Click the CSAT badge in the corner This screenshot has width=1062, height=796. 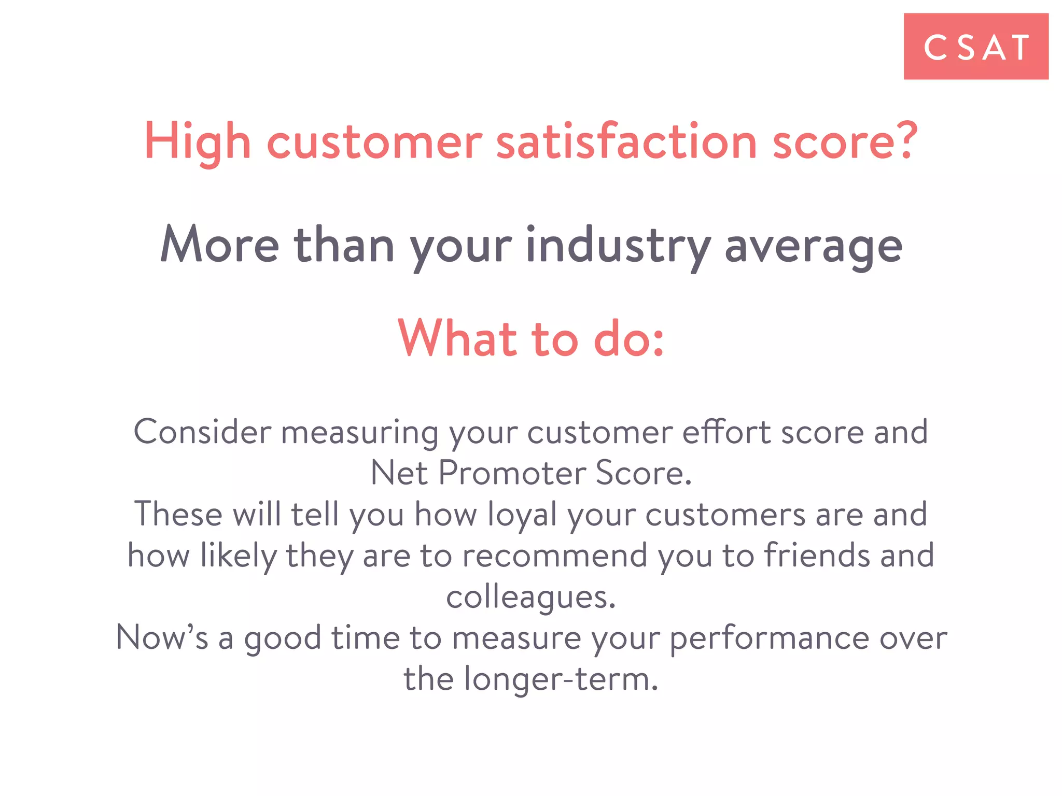click(x=976, y=47)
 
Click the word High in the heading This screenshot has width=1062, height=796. click(x=198, y=141)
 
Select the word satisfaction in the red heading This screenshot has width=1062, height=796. click(x=626, y=141)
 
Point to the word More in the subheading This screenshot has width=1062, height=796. click(x=220, y=245)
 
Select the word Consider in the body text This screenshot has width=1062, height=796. click(x=202, y=432)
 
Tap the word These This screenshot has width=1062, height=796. click(x=178, y=514)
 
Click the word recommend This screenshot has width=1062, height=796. click(x=555, y=555)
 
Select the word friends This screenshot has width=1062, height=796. click(x=817, y=555)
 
